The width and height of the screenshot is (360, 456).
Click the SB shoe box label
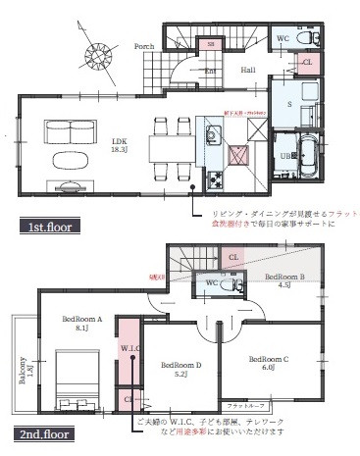[209, 44]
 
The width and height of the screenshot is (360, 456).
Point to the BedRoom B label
[284, 278]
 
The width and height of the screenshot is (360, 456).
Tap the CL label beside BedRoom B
[232, 257]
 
